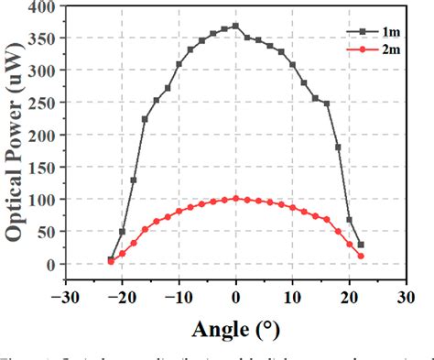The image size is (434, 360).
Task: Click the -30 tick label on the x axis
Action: click(x=65, y=296)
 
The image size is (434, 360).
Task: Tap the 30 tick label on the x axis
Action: click(x=405, y=296)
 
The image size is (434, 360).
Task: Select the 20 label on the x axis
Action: click(x=349, y=296)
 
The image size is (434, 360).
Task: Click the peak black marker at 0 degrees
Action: click(x=235, y=26)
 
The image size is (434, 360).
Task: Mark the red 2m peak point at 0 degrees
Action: click(x=235, y=198)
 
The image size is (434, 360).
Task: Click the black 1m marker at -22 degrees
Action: click(x=112, y=259)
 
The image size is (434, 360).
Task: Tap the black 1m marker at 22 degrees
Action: click(x=360, y=245)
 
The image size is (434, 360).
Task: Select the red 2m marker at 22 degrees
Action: click(x=360, y=256)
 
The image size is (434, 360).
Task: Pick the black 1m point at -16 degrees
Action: click(x=145, y=119)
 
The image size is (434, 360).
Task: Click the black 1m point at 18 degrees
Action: click(x=338, y=147)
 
